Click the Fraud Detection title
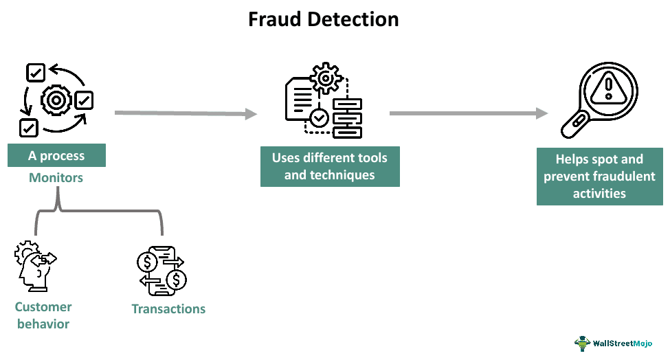(323, 19)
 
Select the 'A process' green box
(56, 156)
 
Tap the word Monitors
(56, 178)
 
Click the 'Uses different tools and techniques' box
(330, 166)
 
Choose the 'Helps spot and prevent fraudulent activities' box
(599, 176)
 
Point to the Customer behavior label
(43, 315)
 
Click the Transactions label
(168, 308)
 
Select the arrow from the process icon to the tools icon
(186, 113)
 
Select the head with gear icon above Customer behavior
(34, 267)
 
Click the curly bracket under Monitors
(99, 213)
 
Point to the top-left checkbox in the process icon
(35, 72)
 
